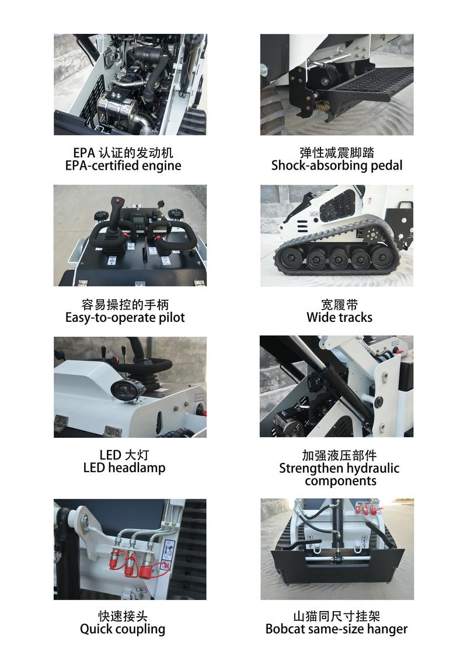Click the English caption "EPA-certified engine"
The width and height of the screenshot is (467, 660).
click(123, 166)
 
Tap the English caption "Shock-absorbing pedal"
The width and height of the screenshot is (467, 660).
click(337, 166)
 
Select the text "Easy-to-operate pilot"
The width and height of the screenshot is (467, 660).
click(125, 318)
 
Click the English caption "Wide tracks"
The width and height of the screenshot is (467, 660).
click(339, 318)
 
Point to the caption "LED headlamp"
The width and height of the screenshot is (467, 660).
click(124, 468)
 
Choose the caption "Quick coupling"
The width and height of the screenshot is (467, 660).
click(123, 629)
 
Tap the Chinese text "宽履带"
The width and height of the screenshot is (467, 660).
click(339, 304)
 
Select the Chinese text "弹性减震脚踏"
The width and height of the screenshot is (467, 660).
click(337, 153)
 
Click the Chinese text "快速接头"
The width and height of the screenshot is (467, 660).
click(123, 616)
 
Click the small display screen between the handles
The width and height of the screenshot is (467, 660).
click(138, 220)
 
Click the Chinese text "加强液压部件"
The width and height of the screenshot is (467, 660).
click(339, 455)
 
